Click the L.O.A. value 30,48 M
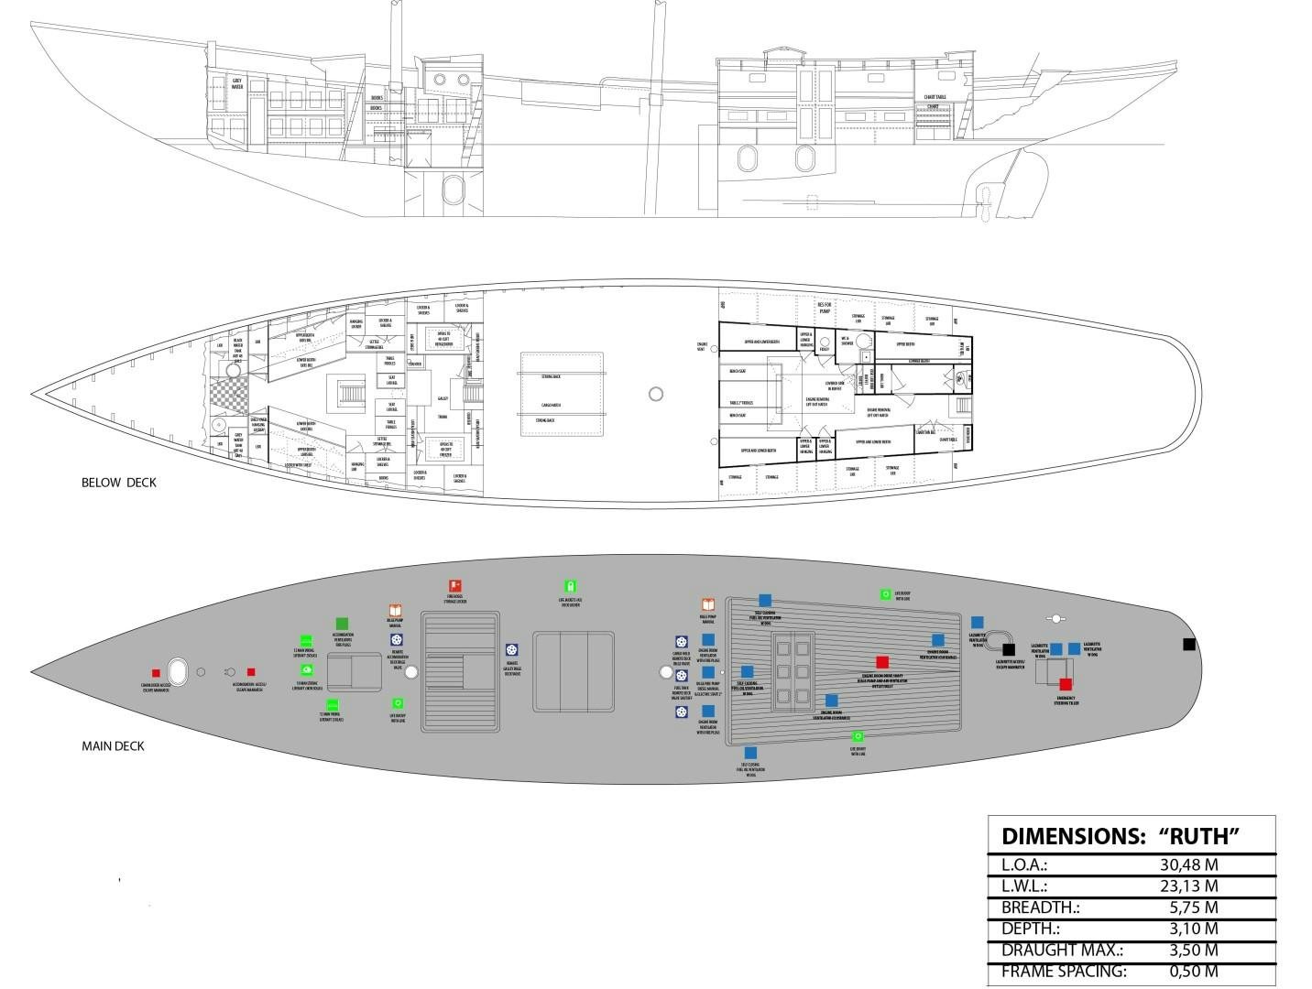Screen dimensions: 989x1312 (x=1188, y=864)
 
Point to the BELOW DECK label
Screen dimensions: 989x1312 (x=119, y=483)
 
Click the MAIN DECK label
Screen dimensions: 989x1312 (x=114, y=745)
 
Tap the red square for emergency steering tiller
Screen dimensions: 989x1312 (x=1066, y=684)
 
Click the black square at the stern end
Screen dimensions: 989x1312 (x=1189, y=645)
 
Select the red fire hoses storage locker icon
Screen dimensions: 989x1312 (x=454, y=586)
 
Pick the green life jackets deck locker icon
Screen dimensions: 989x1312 (x=570, y=586)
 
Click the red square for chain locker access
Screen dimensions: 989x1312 (x=156, y=672)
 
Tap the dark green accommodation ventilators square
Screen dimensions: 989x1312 (x=343, y=624)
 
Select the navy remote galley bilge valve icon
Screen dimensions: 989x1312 (x=511, y=648)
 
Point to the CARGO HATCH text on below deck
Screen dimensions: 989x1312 (x=551, y=405)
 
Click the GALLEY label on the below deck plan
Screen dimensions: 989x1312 (x=443, y=398)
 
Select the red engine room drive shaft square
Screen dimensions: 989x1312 (x=882, y=662)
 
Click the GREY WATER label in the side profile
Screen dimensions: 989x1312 (x=236, y=84)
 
